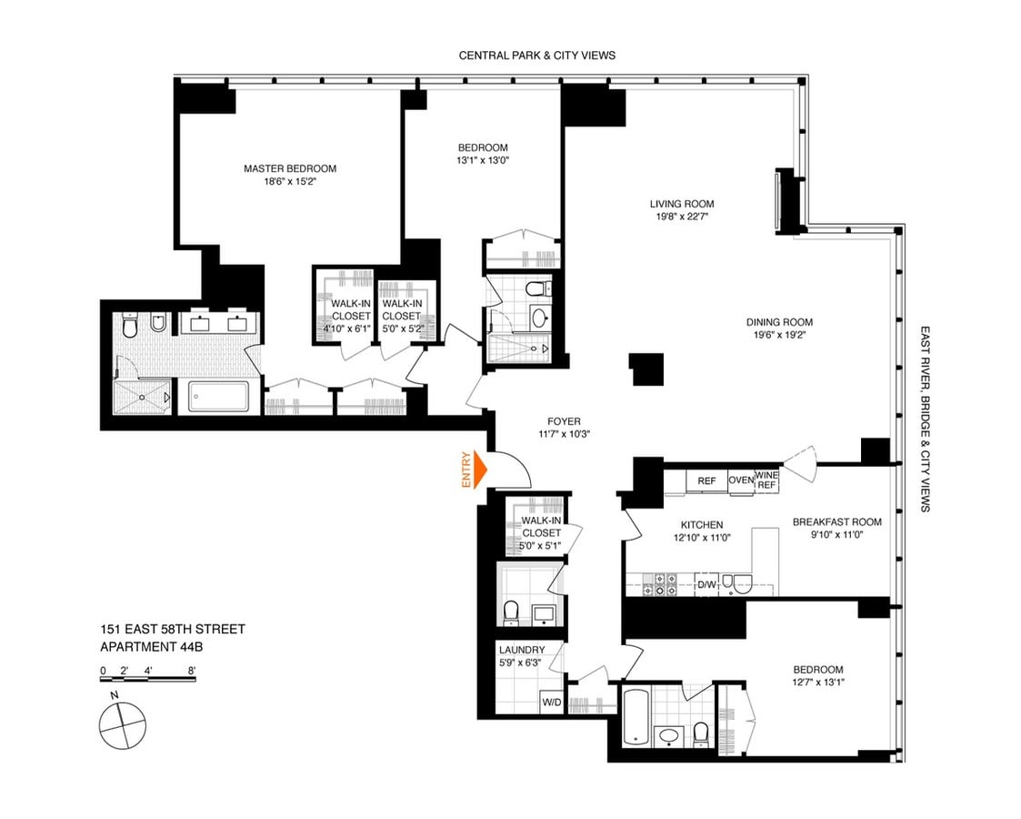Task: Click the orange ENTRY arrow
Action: click(480, 470)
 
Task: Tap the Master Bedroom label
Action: click(290, 168)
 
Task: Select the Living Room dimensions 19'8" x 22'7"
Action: click(682, 217)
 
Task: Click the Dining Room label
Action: click(779, 322)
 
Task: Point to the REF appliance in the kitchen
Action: click(706, 480)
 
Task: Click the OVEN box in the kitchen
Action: click(741, 480)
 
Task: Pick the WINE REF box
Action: click(766, 480)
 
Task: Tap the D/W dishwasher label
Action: click(706, 584)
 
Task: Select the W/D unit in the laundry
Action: click(552, 703)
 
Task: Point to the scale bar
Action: click(148, 679)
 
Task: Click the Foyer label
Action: click(564, 421)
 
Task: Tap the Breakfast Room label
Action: click(836, 522)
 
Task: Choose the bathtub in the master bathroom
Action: click(219, 397)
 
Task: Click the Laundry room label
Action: click(522, 650)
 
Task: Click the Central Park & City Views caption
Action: click(537, 56)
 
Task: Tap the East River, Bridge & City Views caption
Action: click(925, 419)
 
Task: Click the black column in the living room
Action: click(646, 369)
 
